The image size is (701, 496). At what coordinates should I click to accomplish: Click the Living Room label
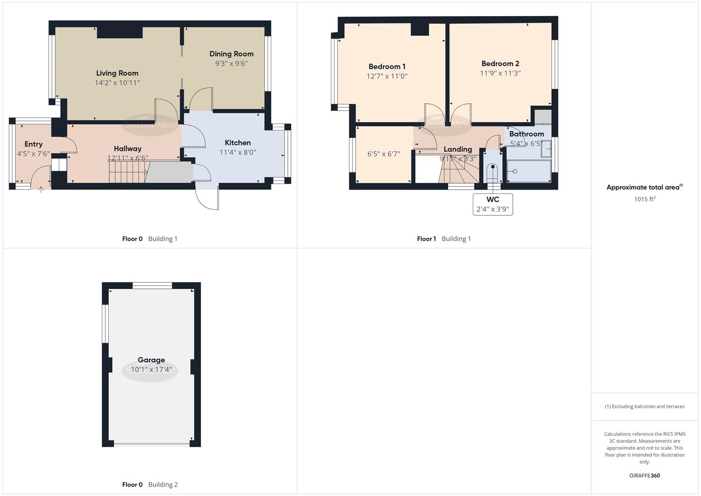coord(117,73)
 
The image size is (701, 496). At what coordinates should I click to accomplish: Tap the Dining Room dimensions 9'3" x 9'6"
coord(231,64)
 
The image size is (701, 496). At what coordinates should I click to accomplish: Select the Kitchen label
coord(237,142)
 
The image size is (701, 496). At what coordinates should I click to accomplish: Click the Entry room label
coord(34,144)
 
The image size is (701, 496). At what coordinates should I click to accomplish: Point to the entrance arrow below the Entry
coord(41,189)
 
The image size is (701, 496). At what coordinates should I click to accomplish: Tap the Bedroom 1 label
coord(387,67)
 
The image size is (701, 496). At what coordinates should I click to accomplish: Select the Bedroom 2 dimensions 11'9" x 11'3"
coord(500,73)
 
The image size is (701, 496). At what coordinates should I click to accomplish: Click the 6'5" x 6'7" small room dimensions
coord(383,154)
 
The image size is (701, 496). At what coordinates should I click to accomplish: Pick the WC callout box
coord(493,204)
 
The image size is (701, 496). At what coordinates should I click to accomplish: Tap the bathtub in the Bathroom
coord(529,171)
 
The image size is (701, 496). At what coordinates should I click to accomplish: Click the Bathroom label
coord(526,134)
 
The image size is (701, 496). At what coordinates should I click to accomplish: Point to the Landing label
coord(457,149)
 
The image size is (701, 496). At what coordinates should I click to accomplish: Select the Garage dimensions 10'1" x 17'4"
coord(151,370)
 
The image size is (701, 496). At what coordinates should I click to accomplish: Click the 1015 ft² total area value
coord(644,199)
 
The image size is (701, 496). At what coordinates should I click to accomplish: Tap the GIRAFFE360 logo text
coord(644,476)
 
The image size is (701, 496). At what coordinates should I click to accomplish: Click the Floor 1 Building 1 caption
coord(443,239)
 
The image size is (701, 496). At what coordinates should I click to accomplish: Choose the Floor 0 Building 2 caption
coord(150,485)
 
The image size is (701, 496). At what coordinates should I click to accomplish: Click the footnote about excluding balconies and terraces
coord(644,406)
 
